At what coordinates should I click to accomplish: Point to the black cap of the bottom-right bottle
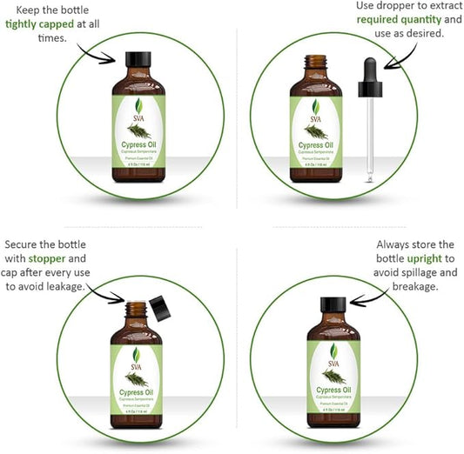pos(333,305)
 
